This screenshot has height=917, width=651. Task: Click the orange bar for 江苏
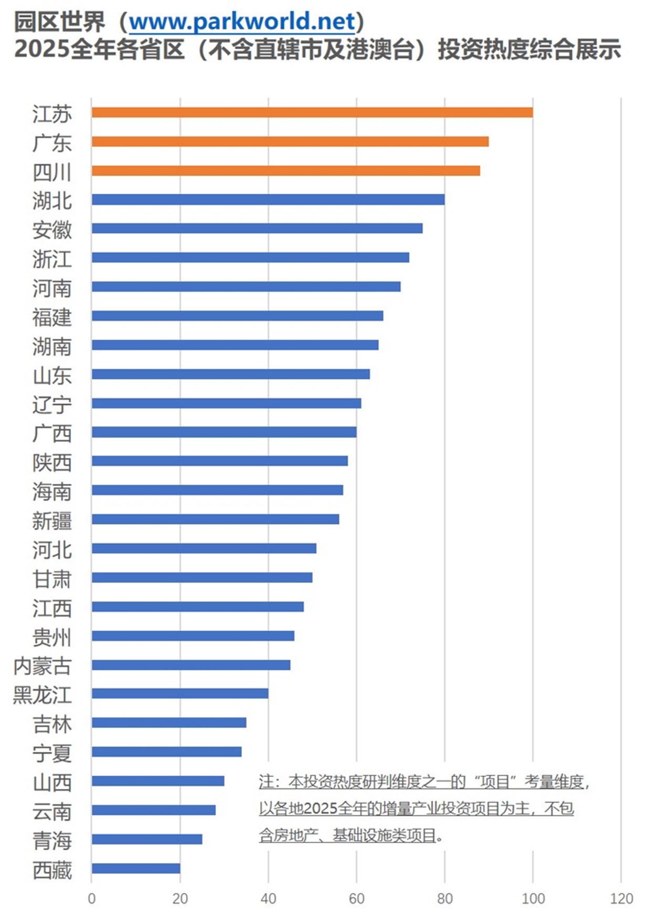point(312,112)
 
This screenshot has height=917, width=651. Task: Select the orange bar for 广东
point(290,142)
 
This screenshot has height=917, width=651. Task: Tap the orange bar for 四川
point(286,171)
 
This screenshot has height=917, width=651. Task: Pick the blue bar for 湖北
point(268,200)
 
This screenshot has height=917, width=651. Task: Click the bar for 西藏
point(136,868)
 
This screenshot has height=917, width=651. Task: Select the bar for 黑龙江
point(180,693)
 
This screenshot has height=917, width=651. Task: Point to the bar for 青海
point(147,839)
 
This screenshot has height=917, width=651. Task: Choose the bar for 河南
point(246,287)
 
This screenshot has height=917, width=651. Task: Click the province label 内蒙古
point(42,666)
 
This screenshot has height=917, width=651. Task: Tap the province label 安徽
point(52,230)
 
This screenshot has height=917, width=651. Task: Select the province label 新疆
point(52,520)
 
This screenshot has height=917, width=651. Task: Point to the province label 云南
point(52,811)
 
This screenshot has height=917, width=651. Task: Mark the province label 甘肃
point(52,579)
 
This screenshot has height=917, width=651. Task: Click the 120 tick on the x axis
point(621,899)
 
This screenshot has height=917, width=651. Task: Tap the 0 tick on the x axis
point(92,899)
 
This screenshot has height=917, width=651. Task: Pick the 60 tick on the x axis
point(357,899)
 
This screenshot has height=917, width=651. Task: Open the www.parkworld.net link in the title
point(242,22)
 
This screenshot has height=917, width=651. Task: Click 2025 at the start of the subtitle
point(41,49)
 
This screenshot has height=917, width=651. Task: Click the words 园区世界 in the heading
point(59,22)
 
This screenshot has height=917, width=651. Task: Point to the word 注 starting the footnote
point(266,782)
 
